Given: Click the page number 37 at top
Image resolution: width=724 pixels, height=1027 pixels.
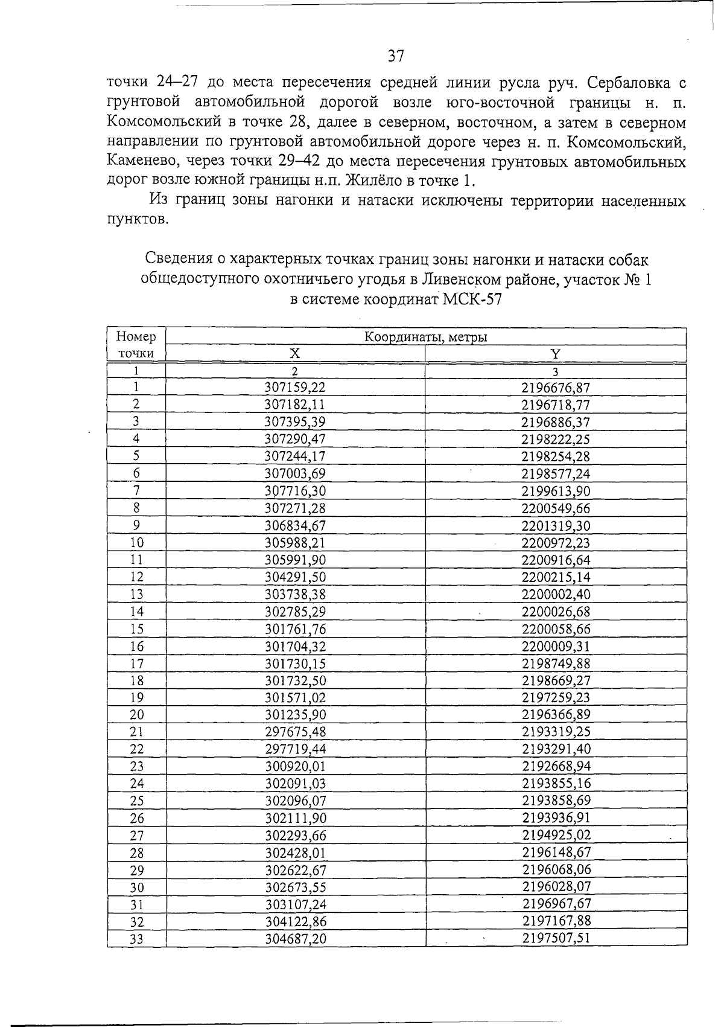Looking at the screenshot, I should pos(395,57).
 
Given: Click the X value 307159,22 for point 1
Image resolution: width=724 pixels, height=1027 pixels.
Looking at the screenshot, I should pos(295,388).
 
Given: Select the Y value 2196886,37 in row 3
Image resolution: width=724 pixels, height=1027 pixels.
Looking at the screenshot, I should pos(556,422).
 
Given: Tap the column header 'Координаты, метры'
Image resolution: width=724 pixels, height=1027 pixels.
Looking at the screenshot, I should pos(426,338).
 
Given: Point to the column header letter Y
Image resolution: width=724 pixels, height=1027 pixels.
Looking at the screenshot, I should pos(556,354).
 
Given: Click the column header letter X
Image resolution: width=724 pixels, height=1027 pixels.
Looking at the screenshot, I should pos(295,354).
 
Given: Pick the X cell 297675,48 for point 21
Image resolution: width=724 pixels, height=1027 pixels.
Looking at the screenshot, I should pos(295,732).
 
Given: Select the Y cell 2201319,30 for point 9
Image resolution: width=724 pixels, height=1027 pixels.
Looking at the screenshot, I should pos(556,526).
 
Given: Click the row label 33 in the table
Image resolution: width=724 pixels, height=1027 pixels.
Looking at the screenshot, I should pos(137,939).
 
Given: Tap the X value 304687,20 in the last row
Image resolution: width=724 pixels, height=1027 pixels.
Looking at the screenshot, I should pos(295,939).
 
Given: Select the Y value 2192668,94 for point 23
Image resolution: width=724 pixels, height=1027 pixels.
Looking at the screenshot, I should pos(556,766).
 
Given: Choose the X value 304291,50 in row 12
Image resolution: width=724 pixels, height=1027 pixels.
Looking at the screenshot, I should pos(295,577).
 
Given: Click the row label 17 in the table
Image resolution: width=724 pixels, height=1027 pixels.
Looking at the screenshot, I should pos(137,664).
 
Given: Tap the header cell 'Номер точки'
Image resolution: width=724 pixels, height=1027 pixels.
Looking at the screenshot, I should pos(136,345).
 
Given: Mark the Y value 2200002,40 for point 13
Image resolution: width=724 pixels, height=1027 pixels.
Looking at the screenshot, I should pos(556,595).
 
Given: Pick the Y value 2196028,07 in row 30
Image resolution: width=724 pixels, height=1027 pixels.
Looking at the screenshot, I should pos(556,887).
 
